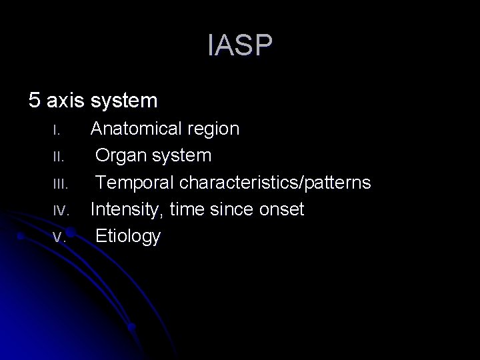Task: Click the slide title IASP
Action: [240, 47]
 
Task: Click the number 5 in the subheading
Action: [34, 101]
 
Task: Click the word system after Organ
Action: [182, 156]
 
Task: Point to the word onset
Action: [283, 209]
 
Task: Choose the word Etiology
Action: [128, 236]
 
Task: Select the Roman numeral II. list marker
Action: [57, 156]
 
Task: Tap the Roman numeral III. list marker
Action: [59, 183]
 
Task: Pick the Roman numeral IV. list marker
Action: [60, 209]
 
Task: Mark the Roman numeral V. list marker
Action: [59, 236]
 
